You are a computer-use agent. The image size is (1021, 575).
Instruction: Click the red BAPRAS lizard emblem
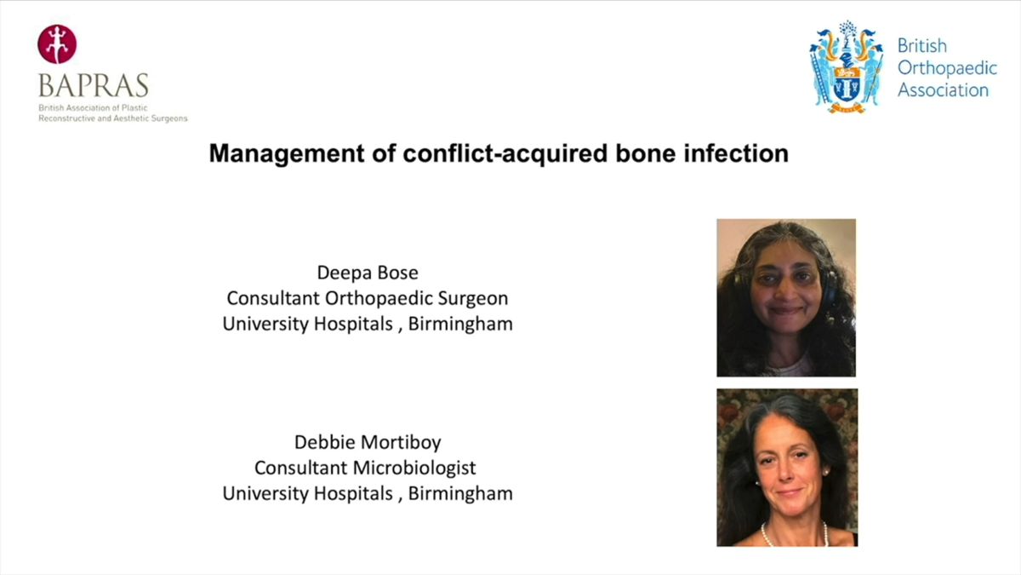click(x=57, y=44)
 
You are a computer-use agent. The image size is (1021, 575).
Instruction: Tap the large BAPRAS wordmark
click(x=94, y=85)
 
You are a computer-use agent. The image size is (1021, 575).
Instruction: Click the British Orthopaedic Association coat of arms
click(x=847, y=67)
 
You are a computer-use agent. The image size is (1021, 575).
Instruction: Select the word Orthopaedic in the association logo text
click(x=947, y=68)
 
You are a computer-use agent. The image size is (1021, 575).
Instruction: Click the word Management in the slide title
click(x=287, y=154)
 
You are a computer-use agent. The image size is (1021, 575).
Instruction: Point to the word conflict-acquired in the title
click(x=505, y=153)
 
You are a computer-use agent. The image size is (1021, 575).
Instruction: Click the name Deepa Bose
click(x=368, y=273)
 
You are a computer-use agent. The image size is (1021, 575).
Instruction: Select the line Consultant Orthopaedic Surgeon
click(x=368, y=298)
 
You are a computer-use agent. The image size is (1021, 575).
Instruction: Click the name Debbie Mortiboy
click(x=368, y=442)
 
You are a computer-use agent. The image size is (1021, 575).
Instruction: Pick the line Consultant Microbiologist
click(x=365, y=468)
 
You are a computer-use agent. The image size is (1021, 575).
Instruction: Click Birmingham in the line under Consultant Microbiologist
click(x=460, y=494)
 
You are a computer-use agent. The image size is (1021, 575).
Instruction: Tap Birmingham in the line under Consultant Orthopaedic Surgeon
click(x=460, y=324)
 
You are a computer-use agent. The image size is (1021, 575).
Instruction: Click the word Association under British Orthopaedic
click(x=943, y=90)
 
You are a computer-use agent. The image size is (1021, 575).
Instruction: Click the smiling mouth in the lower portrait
click(x=790, y=492)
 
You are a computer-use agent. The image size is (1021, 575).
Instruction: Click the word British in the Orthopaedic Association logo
click(x=922, y=46)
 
